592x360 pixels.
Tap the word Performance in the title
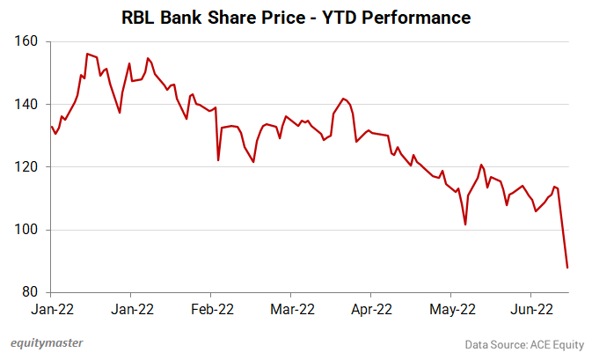[x=416, y=17]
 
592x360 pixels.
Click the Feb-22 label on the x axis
[x=211, y=309]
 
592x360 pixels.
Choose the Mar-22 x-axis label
[x=291, y=309]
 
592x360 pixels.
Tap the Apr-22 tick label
[x=371, y=309]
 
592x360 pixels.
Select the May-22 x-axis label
[x=451, y=309]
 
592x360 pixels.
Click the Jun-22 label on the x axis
[x=531, y=309]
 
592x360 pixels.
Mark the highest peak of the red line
[x=86, y=54]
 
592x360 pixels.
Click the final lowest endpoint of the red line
[x=567, y=268]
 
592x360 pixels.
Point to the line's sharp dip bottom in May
[x=464, y=224]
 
